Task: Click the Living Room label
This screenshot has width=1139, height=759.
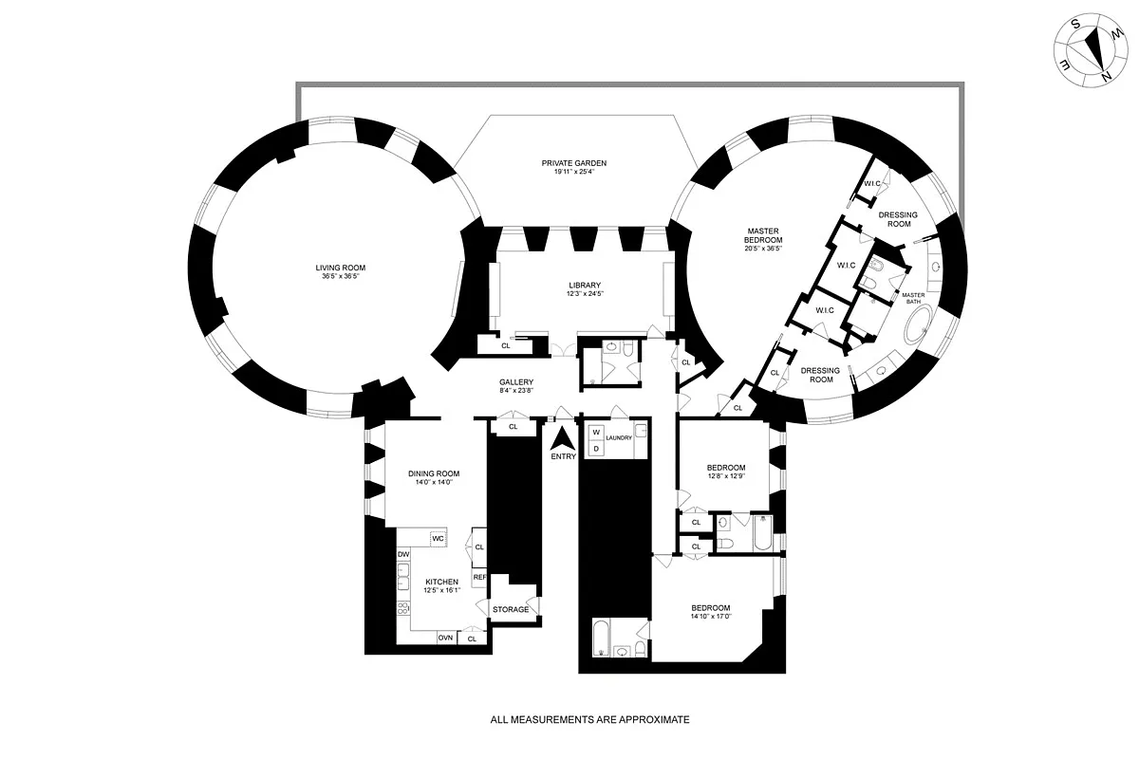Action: (341, 268)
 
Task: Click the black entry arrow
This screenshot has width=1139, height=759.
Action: (563, 438)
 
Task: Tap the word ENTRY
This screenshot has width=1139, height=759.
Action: (563, 457)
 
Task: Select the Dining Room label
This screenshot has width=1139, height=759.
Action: (434, 473)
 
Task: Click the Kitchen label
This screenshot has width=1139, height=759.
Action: (441, 582)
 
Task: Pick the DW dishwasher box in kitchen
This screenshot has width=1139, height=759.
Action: (403, 554)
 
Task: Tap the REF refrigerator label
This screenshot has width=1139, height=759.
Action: (479, 577)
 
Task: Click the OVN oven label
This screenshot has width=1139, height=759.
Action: (445, 639)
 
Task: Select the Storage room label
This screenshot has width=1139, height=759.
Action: (511, 609)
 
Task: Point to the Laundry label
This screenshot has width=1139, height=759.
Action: (619, 437)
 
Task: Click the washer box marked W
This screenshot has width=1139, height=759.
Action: (596, 433)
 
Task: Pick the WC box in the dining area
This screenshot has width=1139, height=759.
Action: (438, 538)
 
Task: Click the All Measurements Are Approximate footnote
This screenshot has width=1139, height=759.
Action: (589, 719)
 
